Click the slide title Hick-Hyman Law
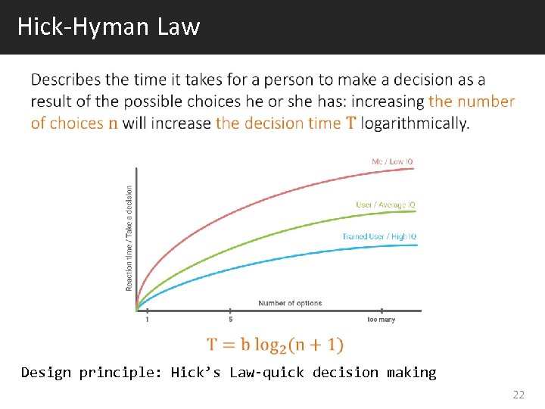pyautogui.click(x=108, y=27)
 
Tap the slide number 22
pyautogui.click(x=518, y=395)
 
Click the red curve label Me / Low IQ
pyautogui.click(x=392, y=161)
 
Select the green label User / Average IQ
pyautogui.click(x=385, y=204)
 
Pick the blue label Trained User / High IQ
pyautogui.click(x=378, y=236)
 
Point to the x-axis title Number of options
pyautogui.click(x=290, y=303)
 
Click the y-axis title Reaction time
pyautogui.click(x=129, y=239)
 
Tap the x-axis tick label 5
pyautogui.click(x=230, y=320)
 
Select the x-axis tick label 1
pyautogui.click(x=147, y=320)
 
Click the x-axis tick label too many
pyautogui.click(x=381, y=320)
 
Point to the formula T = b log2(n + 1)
pyautogui.click(x=276, y=345)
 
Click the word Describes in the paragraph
pyautogui.click(x=66, y=80)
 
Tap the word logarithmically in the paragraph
pyautogui.click(x=415, y=123)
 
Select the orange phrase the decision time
pyautogui.click(x=279, y=123)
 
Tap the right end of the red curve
pyautogui.click(x=415, y=168)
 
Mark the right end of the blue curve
pyautogui.click(x=417, y=245)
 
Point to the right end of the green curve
pyautogui.click(x=416, y=212)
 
